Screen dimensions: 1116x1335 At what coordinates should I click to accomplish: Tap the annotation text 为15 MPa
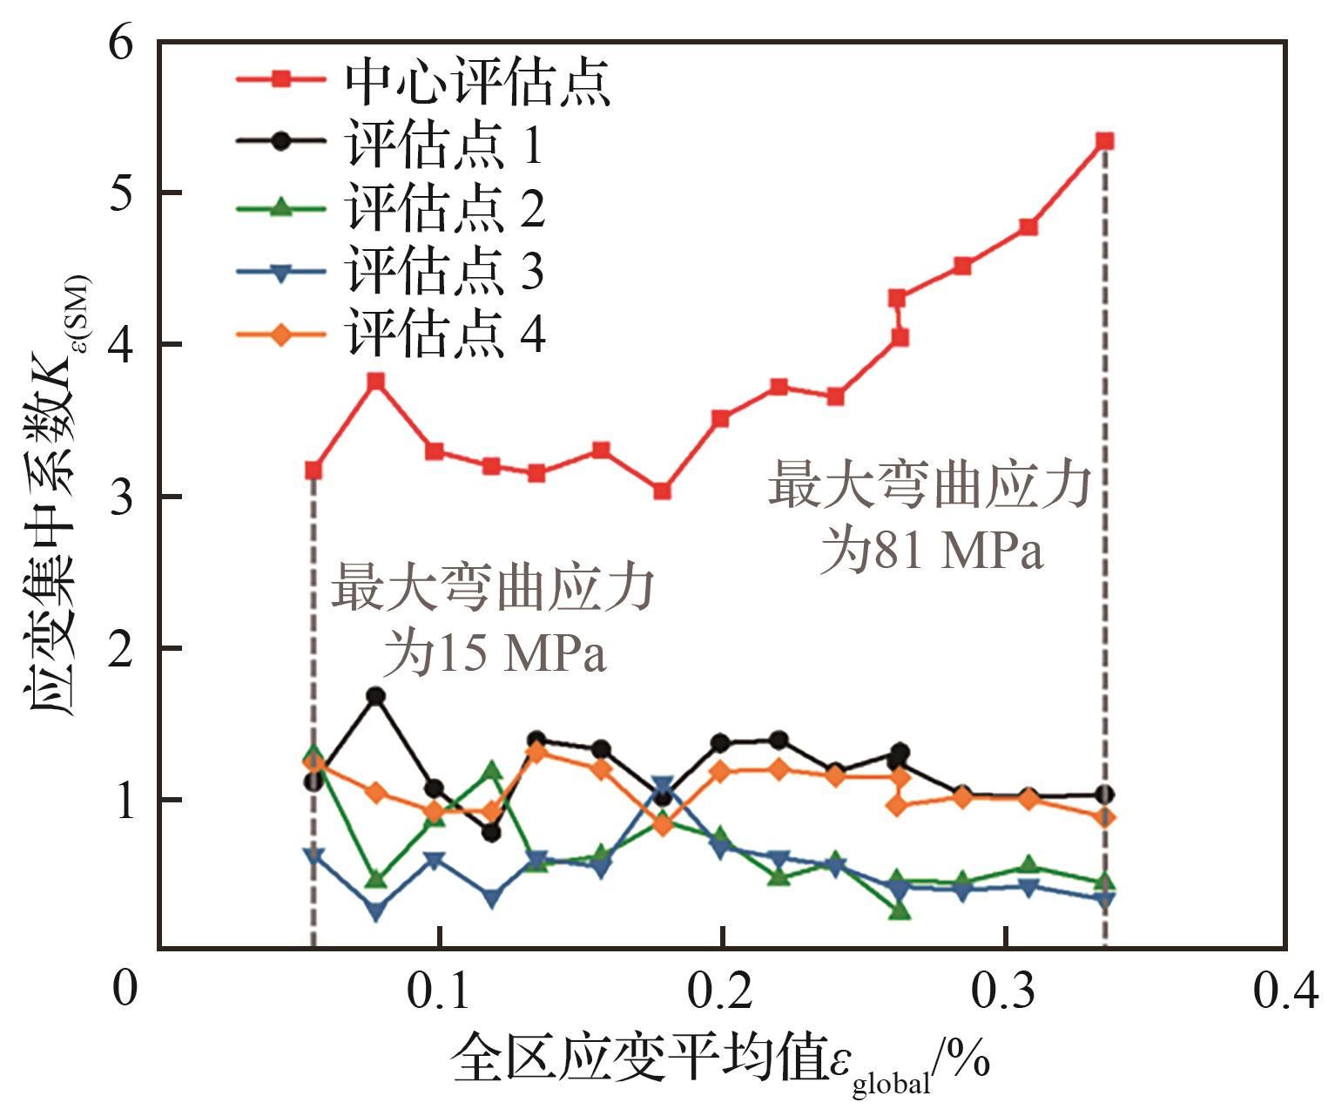coord(495,654)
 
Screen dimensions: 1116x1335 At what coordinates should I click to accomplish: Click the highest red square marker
coord(1105,141)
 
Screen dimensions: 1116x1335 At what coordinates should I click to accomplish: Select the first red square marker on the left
coord(314,470)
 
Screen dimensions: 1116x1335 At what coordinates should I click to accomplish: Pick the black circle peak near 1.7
coord(376,696)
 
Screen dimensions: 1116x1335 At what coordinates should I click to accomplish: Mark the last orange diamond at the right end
coord(1105,817)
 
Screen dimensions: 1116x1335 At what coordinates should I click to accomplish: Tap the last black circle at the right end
coord(1105,795)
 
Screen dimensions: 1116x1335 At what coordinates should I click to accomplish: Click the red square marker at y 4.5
coord(962,266)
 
